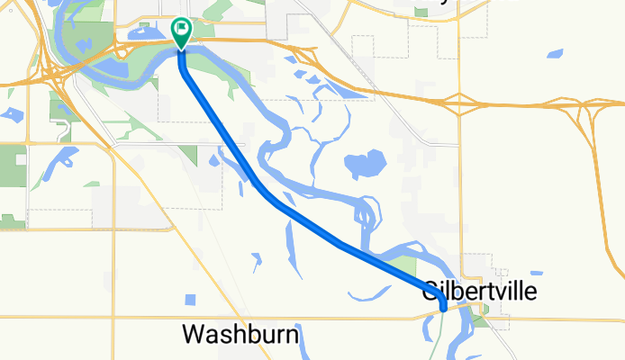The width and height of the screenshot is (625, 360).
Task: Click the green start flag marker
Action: coord(181,31)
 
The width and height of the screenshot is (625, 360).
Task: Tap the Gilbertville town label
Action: coord(479,292)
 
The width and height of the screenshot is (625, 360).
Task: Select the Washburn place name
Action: coord(240,335)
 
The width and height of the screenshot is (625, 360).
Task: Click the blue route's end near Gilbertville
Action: coord(444,309)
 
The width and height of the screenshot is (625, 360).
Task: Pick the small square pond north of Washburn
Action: coord(190,300)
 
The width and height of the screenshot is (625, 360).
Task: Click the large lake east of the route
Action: coord(365,164)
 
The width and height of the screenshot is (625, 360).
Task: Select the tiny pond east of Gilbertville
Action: coord(536,272)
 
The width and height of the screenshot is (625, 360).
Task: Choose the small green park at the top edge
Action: coord(421,11)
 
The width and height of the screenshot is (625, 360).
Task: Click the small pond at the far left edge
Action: coord(12,114)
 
